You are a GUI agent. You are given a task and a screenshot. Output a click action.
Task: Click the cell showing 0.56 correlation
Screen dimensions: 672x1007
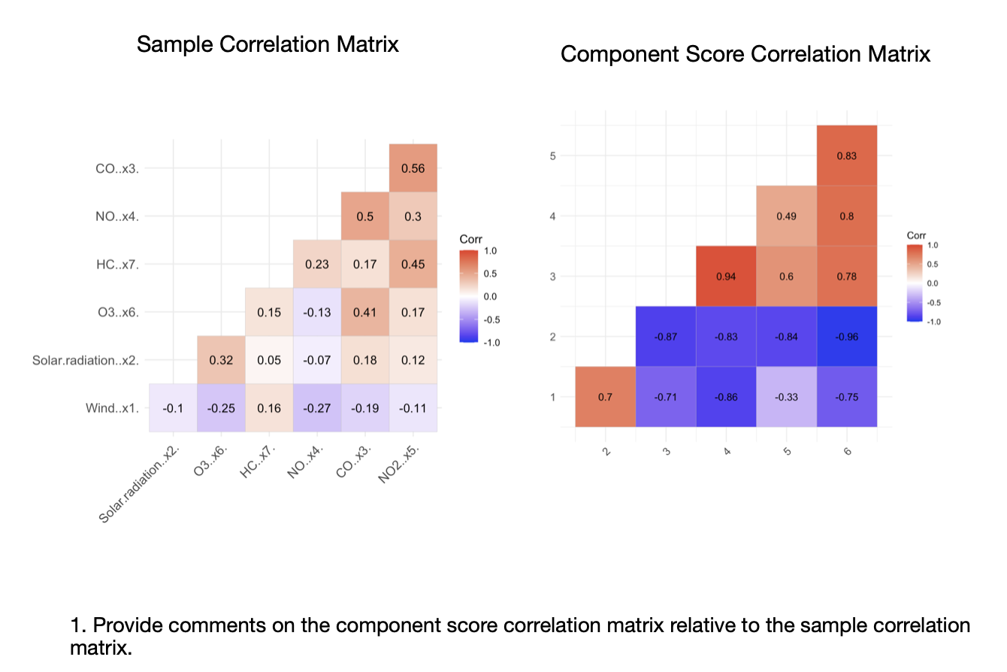[x=413, y=168]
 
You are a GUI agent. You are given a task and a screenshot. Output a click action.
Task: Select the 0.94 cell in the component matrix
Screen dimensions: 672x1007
[x=726, y=276]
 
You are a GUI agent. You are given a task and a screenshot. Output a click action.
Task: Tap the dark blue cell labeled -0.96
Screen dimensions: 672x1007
[x=847, y=336]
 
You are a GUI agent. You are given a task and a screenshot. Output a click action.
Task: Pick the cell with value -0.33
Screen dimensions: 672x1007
[x=786, y=396]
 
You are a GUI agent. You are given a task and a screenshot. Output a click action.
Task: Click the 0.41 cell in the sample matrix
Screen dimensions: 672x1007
[x=365, y=312]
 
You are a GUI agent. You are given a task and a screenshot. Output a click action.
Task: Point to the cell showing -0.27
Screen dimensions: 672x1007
[x=317, y=408]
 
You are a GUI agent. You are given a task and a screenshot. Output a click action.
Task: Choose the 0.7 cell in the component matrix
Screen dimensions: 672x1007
[x=606, y=396]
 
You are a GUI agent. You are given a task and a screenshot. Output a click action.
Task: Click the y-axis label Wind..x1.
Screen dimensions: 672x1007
[x=113, y=408]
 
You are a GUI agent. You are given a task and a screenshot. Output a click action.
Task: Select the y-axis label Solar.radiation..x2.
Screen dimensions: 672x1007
[x=86, y=360]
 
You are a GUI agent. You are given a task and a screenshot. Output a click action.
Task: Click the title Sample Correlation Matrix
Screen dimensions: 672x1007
[x=268, y=44]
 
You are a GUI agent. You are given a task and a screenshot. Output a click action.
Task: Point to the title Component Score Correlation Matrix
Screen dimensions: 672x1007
[x=745, y=54]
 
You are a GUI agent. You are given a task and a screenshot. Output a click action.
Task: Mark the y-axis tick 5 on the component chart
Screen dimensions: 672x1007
[x=552, y=156]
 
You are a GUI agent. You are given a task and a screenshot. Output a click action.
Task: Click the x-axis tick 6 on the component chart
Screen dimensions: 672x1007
[x=847, y=450]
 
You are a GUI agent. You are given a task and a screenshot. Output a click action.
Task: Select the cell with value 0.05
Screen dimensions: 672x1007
[x=269, y=360]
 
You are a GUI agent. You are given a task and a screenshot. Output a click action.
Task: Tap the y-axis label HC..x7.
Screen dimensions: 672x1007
[x=117, y=264]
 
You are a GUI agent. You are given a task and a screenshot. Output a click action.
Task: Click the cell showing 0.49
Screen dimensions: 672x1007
[x=786, y=216]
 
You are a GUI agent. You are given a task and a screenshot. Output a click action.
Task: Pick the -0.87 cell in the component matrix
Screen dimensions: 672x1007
[x=666, y=336]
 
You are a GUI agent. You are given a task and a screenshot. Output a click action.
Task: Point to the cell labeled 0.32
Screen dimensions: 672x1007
[x=221, y=360]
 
